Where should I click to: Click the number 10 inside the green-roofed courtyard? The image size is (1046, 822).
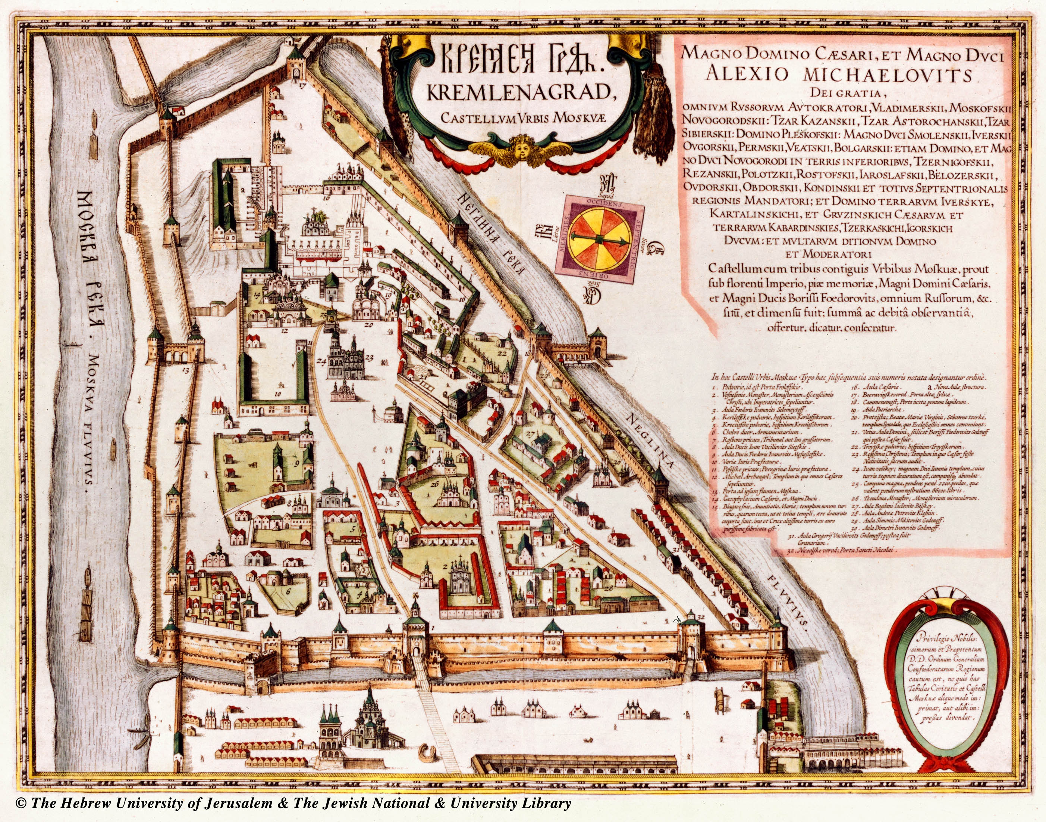(x=278, y=393)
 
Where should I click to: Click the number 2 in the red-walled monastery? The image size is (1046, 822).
(x=446, y=566)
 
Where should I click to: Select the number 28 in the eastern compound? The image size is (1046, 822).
(x=608, y=589)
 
